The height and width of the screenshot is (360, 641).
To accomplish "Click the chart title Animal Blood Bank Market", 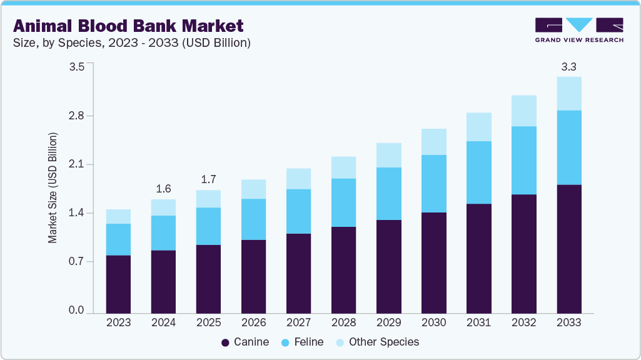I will [128, 26].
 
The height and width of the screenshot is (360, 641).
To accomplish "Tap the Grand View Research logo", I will [579, 29].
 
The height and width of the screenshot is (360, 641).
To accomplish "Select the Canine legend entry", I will [246, 342].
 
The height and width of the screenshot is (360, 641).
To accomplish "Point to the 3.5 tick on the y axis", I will [76, 67].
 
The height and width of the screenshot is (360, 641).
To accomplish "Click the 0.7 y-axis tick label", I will [76, 262].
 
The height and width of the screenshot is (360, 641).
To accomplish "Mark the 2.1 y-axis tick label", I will [76, 165].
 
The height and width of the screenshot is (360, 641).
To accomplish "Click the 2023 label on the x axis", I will [118, 322].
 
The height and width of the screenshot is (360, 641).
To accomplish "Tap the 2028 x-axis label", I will [343, 322].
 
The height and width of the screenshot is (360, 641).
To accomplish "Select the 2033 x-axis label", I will [568, 322].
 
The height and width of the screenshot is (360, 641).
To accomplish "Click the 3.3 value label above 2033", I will [568, 66].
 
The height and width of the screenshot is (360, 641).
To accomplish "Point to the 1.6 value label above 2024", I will [163, 189].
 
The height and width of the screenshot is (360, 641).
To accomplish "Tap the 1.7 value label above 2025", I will [208, 179].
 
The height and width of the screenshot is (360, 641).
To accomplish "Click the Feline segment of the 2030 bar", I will [433, 184].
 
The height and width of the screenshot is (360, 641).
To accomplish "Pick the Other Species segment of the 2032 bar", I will [523, 111].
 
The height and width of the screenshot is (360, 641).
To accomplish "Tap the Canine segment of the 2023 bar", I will [118, 284].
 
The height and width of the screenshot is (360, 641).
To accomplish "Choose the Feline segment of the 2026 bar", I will [253, 219].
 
